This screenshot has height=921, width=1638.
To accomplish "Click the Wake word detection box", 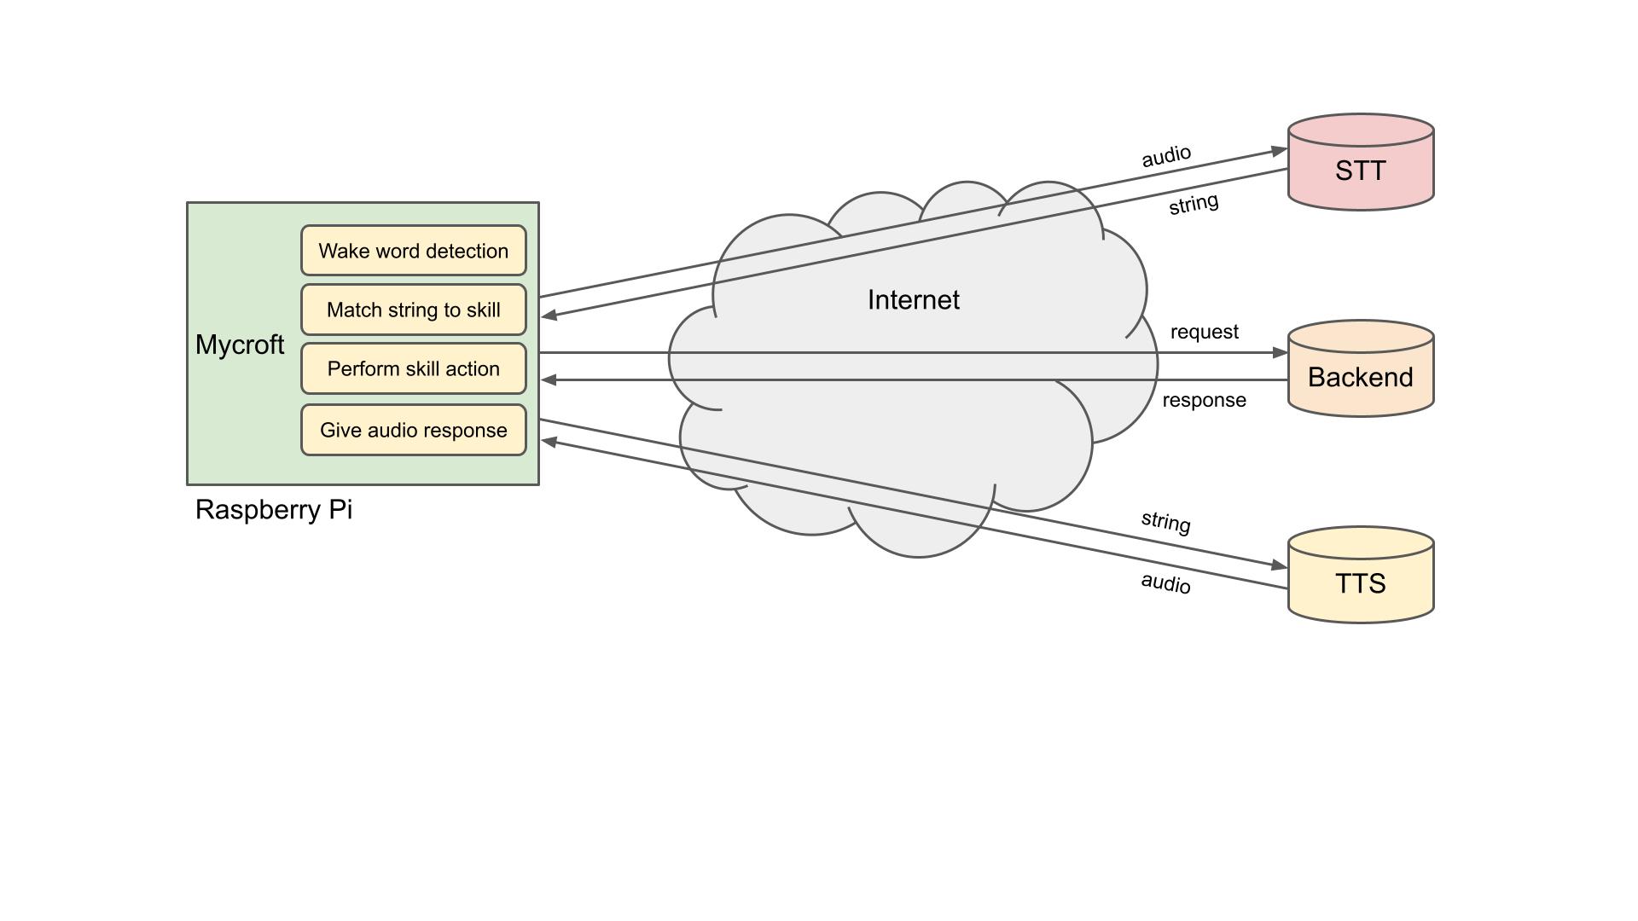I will tap(414, 251).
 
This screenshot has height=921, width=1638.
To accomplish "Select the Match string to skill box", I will tap(414, 310).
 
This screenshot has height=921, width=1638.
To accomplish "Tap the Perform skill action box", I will tap(414, 368).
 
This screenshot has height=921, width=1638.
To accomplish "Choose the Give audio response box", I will tap(414, 430).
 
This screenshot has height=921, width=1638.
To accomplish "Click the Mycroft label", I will tap(240, 345).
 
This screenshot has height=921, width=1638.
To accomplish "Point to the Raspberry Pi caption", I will tap(274, 509).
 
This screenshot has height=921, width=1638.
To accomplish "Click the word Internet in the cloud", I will tap(913, 299).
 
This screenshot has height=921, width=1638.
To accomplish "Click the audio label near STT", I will tap(1165, 156).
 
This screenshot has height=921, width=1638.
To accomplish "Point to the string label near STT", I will tap(1193, 204).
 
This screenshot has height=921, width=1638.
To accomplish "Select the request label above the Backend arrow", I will tap(1204, 332).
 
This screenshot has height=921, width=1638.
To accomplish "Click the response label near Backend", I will tap(1204, 400).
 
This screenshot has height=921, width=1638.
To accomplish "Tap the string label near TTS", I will tap(1165, 522).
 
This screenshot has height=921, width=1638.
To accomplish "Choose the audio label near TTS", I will tap(1165, 583).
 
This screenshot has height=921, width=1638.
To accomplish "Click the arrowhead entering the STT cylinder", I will tap(1280, 151).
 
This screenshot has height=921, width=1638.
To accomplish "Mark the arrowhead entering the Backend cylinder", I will tap(1280, 352).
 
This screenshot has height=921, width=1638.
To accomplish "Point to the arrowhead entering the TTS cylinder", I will tap(1280, 565).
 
